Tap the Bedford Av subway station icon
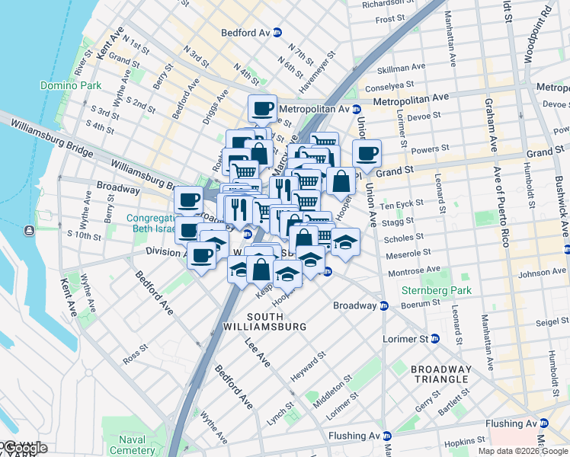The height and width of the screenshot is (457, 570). [x=277, y=33]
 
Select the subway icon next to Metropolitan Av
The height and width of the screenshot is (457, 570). [x=356, y=109]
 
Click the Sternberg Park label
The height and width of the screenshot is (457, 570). [x=437, y=290]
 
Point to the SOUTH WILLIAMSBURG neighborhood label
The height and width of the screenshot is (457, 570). [x=276, y=321]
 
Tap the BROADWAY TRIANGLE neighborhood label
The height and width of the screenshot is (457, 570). [x=441, y=374]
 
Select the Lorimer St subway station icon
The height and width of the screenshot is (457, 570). [x=435, y=338]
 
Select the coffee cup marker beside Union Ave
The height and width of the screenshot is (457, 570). [x=367, y=153]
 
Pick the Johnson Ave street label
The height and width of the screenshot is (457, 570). [x=543, y=272]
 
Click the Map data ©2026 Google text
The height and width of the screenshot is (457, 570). [x=522, y=451]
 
